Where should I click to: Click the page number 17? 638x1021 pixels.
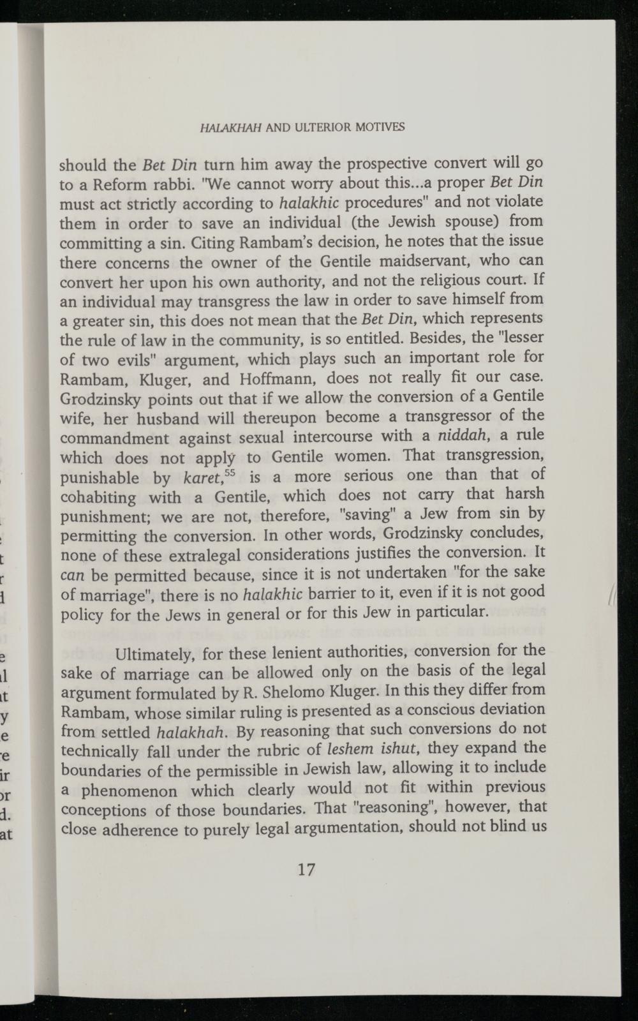point(306,869)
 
